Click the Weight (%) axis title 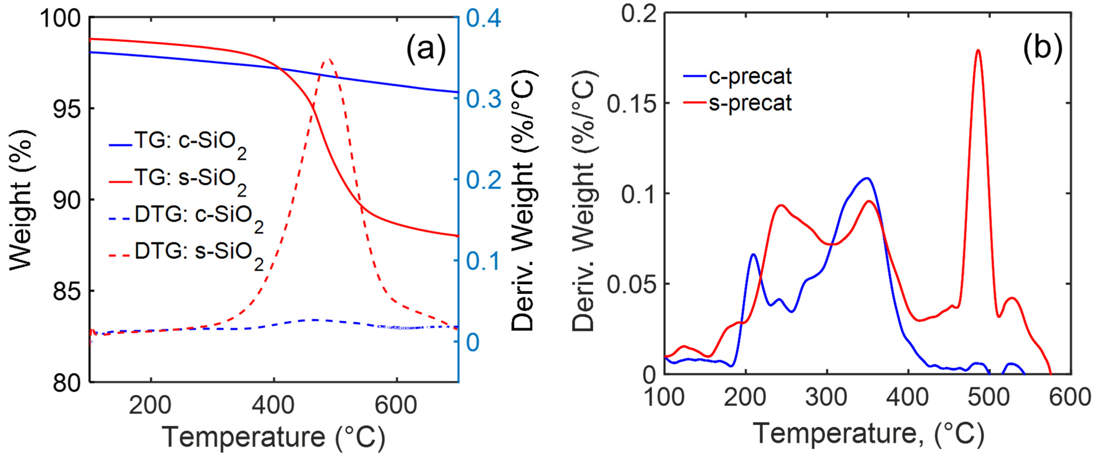(x=20, y=199)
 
